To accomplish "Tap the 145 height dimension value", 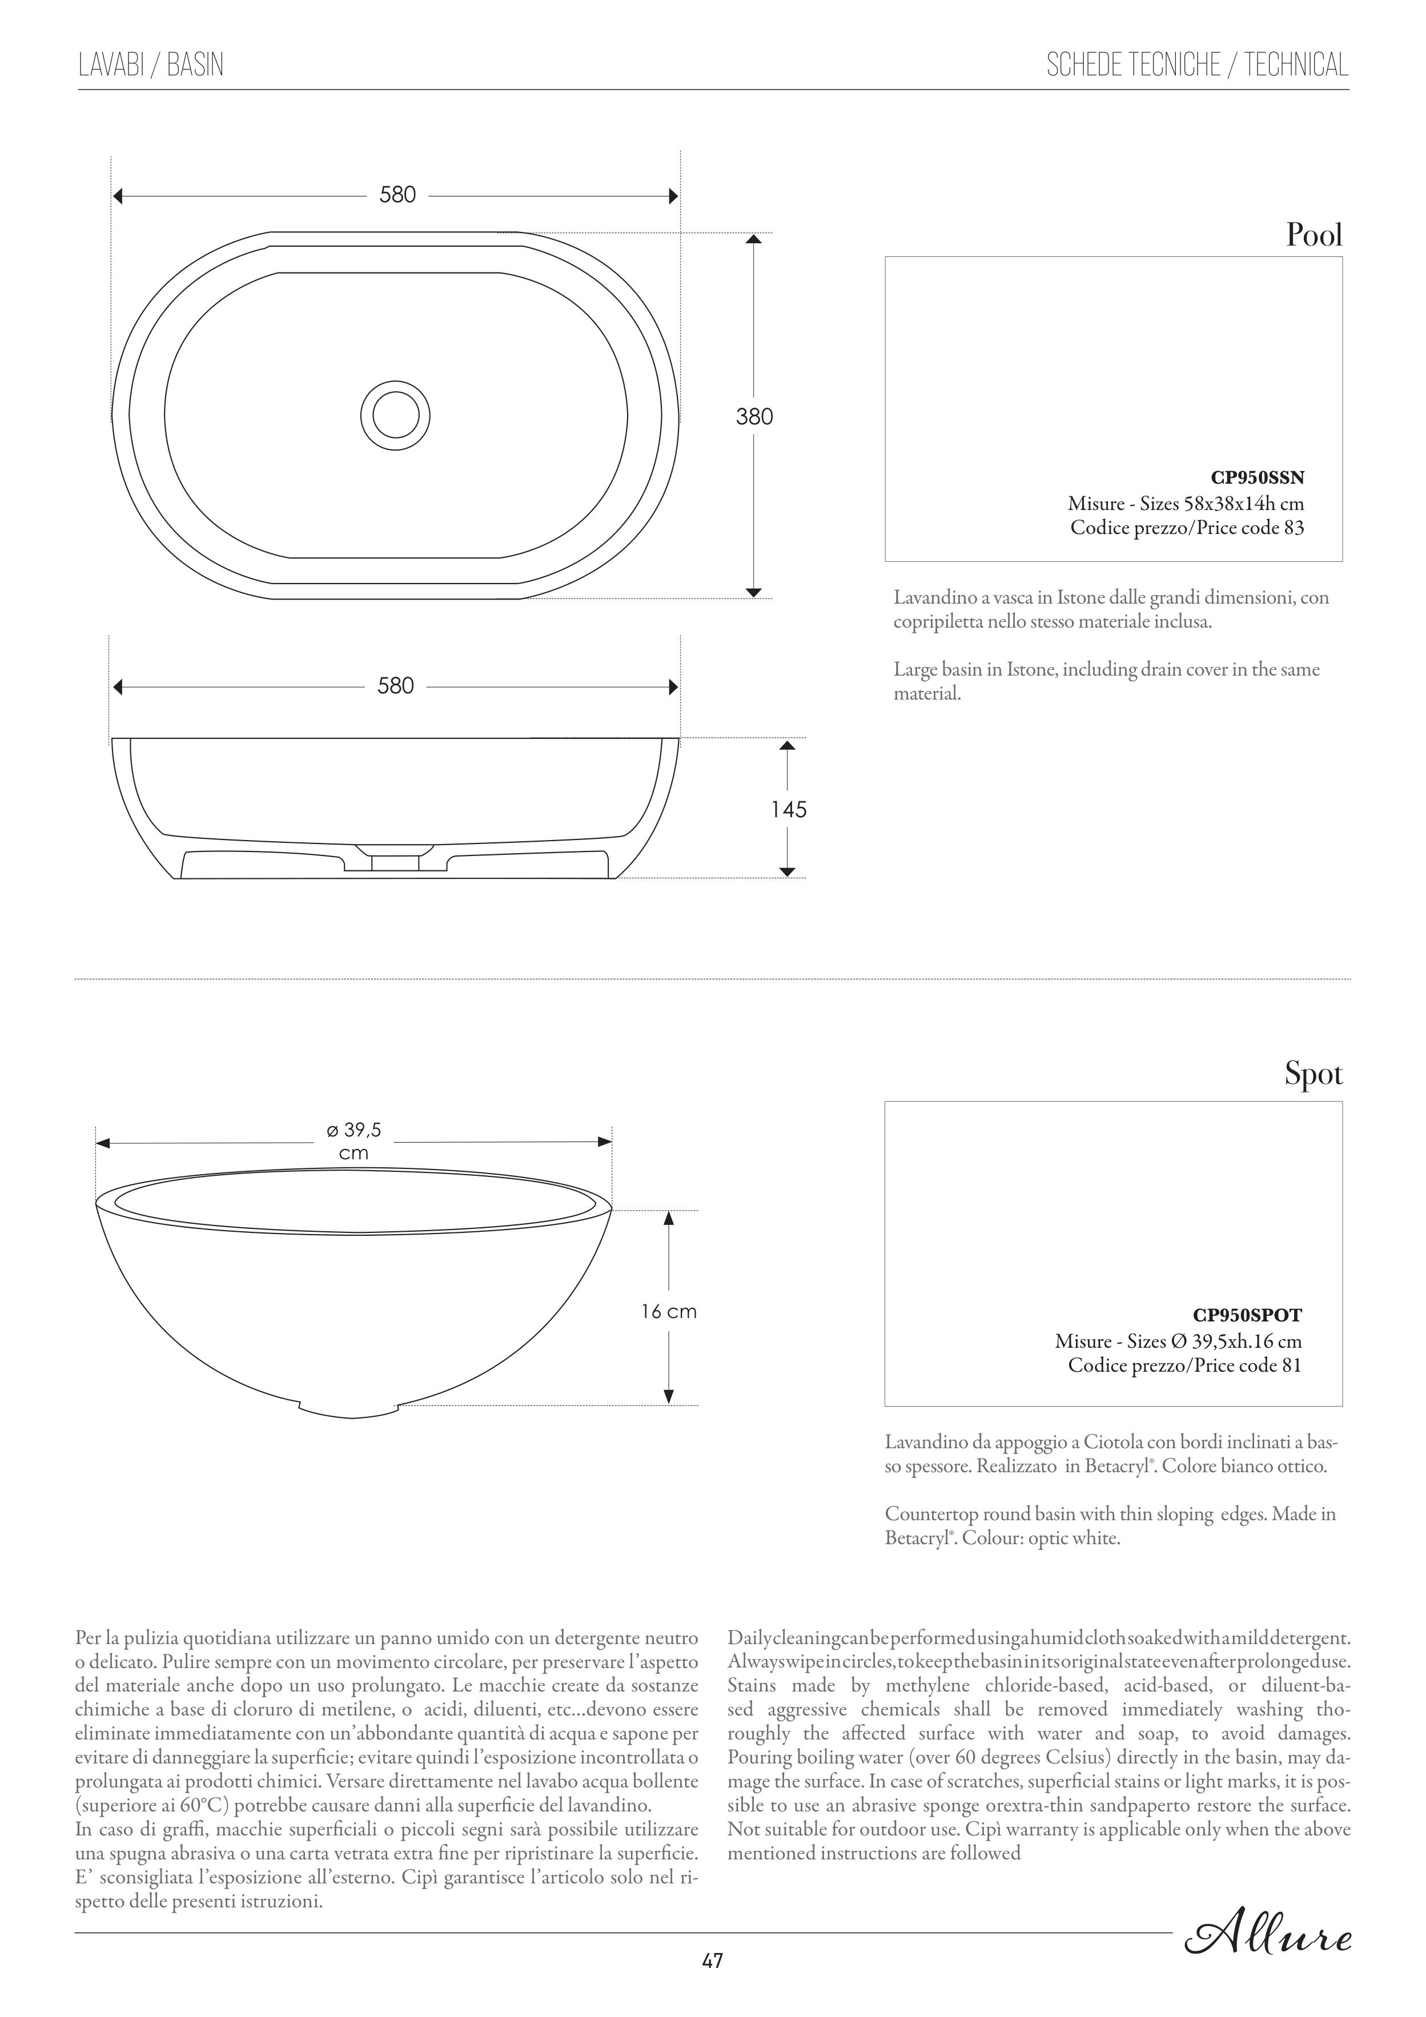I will (x=788, y=809).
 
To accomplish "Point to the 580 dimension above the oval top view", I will (x=397, y=195).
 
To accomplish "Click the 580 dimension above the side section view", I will (x=395, y=685).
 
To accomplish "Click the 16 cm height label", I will (x=669, y=1312).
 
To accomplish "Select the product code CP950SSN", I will (x=1258, y=478).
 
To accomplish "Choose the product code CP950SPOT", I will (x=1247, y=1315).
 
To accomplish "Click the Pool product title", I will (x=1313, y=235).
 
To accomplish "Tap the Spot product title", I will (x=1313, y=1074).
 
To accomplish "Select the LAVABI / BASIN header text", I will (x=151, y=65).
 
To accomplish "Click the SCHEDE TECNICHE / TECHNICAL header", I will (x=1196, y=65).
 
